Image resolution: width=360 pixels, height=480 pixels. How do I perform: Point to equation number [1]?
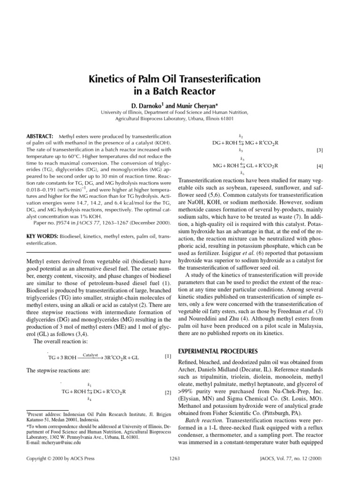[x=168, y=357]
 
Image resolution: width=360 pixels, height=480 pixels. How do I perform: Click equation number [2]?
[x=168, y=392]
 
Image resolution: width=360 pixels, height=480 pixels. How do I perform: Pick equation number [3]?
[x=320, y=150]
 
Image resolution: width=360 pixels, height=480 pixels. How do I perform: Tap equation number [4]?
[x=320, y=166]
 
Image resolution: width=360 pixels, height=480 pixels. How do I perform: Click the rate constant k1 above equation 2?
[x=90, y=384]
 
